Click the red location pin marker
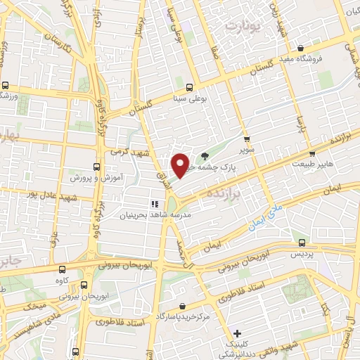click(x=181, y=165)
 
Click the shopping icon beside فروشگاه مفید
click(x=301, y=49)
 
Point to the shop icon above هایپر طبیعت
click(x=313, y=153)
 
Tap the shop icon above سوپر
click(x=246, y=139)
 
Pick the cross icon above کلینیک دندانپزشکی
click(x=237, y=333)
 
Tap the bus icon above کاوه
click(x=63, y=269)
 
